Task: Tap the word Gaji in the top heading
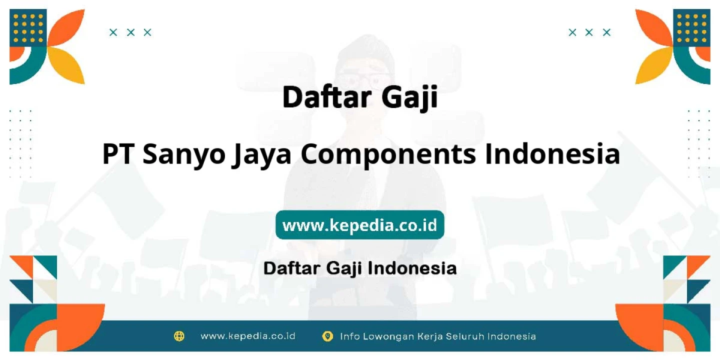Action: click(410, 98)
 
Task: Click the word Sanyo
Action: click(184, 156)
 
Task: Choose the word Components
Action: click(388, 156)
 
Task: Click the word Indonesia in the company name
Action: click(552, 154)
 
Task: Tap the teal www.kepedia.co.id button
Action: click(359, 224)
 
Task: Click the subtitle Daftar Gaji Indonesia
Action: click(360, 268)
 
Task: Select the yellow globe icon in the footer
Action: click(179, 336)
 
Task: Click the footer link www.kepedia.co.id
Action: click(248, 336)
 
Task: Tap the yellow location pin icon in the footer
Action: click(327, 336)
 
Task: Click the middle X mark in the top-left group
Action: click(130, 32)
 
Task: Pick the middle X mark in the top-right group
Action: click(589, 32)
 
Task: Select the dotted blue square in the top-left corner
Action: click(28, 27)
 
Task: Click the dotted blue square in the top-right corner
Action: click(691, 27)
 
